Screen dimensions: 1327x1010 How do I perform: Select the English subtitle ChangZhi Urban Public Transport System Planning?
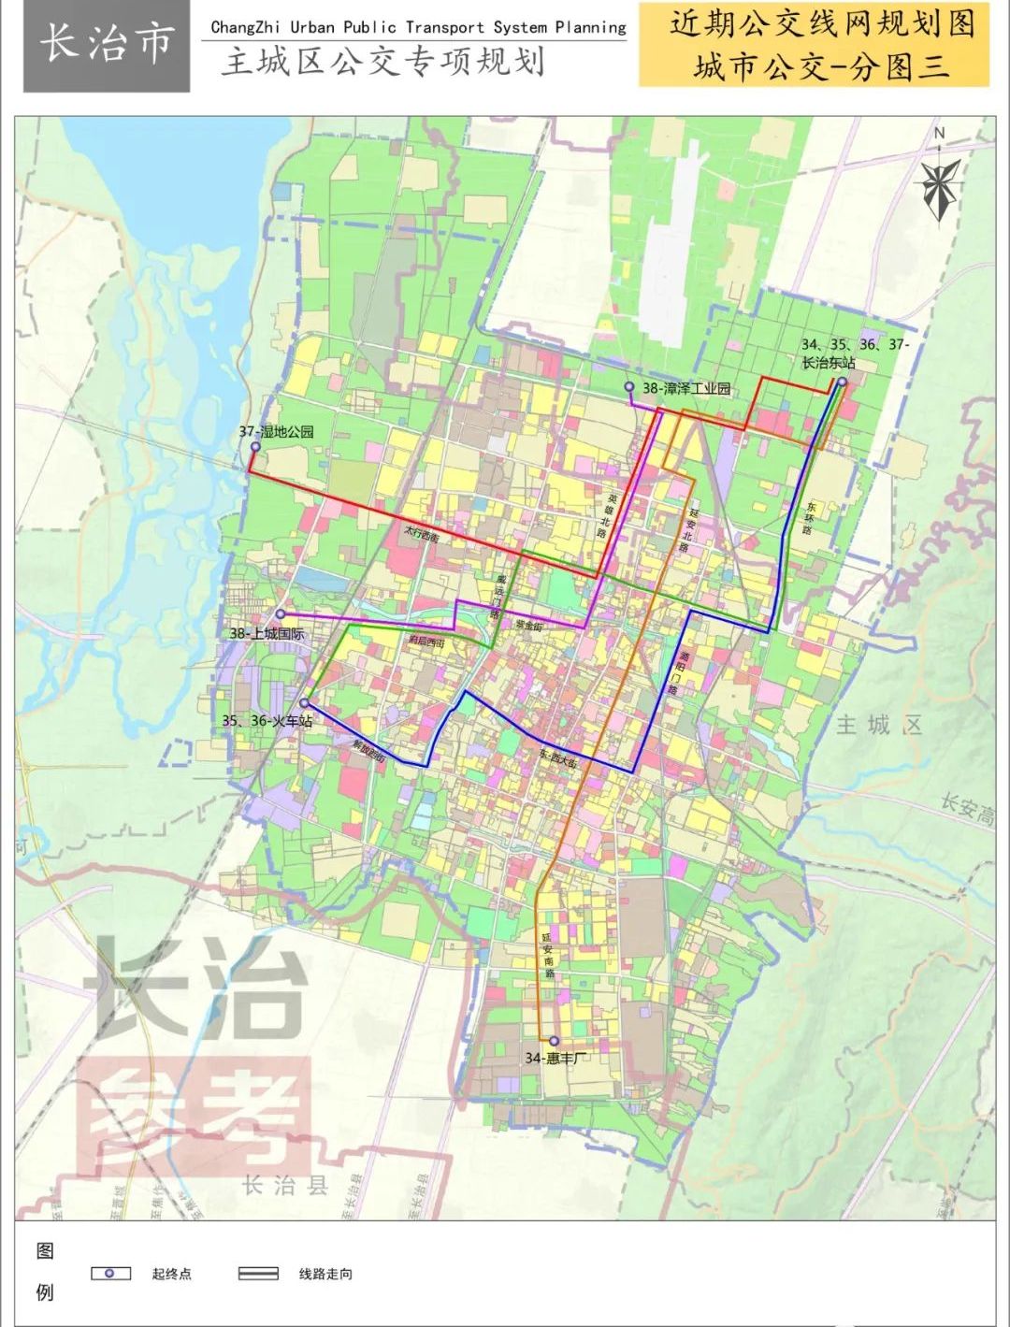click(x=418, y=27)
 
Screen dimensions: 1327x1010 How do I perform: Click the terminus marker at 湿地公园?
click(x=254, y=448)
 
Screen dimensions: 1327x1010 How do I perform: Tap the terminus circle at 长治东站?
click(x=842, y=382)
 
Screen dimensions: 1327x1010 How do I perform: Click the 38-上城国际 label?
click(x=267, y=634)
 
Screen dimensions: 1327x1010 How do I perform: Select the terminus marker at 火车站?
click(x=305, y=703)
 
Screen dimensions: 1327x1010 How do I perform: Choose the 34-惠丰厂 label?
click(x=557, y=1058)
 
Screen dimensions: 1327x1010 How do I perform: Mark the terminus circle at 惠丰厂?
click(x=554, y=1041)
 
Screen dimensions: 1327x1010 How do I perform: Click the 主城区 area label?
click(x=879, y=725)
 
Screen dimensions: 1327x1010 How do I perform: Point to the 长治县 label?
click(x=285, y=1186)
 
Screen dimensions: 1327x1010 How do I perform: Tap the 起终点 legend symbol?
click(x=109, y=1274)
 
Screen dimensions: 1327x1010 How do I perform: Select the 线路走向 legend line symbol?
click(x=258, y=1274)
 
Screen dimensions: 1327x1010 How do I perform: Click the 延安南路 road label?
click(x=548, y=954)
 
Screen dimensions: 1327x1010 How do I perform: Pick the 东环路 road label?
click(x=808, y=519)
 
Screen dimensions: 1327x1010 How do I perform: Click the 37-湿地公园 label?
click(x=277, y=432)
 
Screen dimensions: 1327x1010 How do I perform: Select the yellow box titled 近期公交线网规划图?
click(x=814, y=45)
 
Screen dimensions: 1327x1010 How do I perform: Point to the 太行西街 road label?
click(x=421, y=537)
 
